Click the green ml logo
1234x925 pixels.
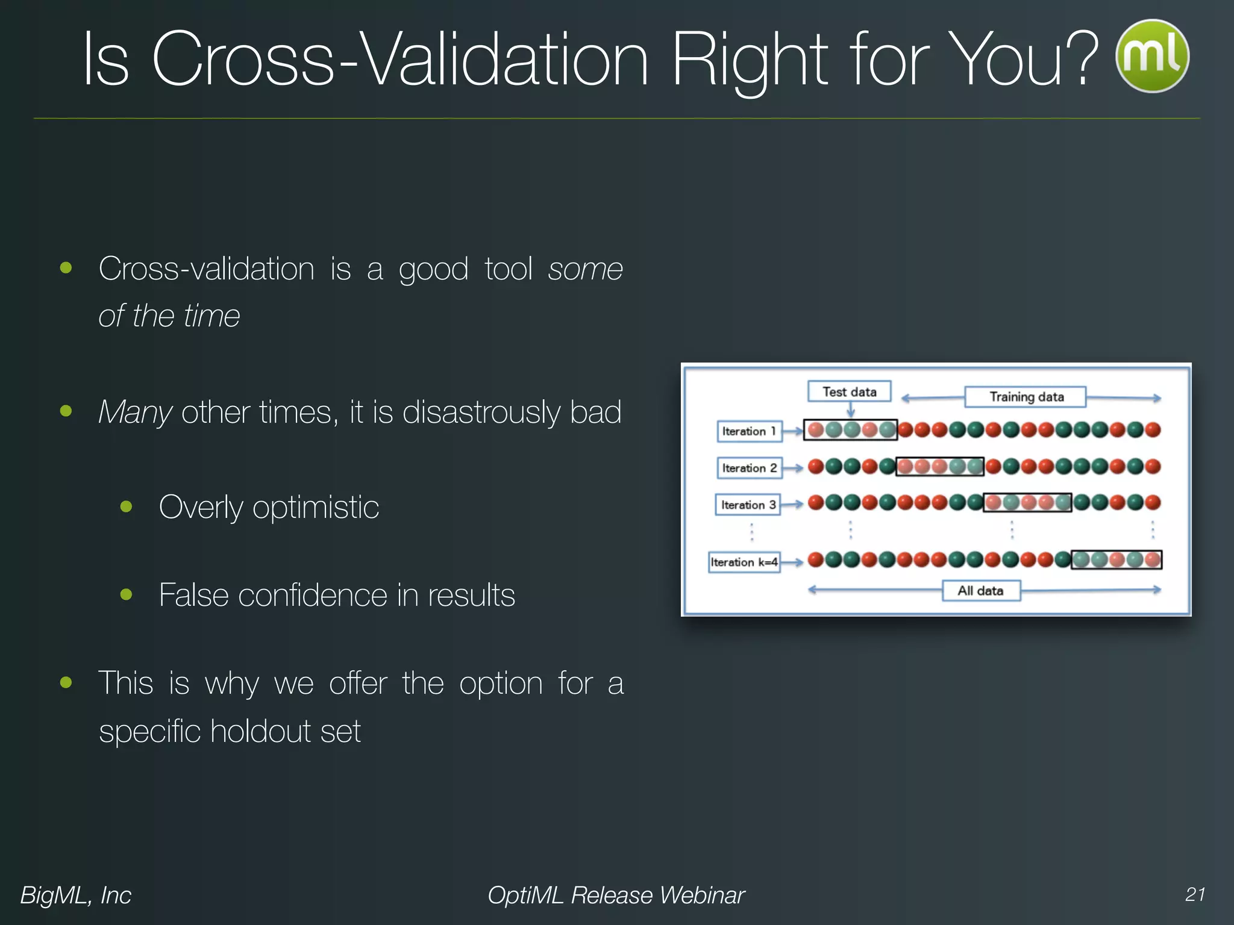click(x=1152, y=56)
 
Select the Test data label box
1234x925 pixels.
click(x=849, y=391)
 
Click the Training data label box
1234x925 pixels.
click(x=1026, y=397)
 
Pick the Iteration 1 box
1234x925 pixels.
click(x=749, y=431)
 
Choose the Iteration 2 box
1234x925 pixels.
click(x=749, y=468)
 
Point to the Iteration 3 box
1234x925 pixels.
click(x=748, y=505)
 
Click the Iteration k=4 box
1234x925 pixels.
click(x=744, y=562)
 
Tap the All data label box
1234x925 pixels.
click(x=981, y=591)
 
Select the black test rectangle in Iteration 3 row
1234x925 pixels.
click(x=1027, y=502)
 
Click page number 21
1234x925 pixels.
click(x=1195, y=894)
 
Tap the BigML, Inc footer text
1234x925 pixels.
click(x=75, y=895)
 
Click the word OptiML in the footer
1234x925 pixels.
click(x=525, y=895)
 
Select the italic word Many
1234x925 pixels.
click(x=135, y=413)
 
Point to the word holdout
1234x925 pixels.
click(x=262, y=731)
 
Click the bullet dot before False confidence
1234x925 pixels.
click(x=126, y=595)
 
